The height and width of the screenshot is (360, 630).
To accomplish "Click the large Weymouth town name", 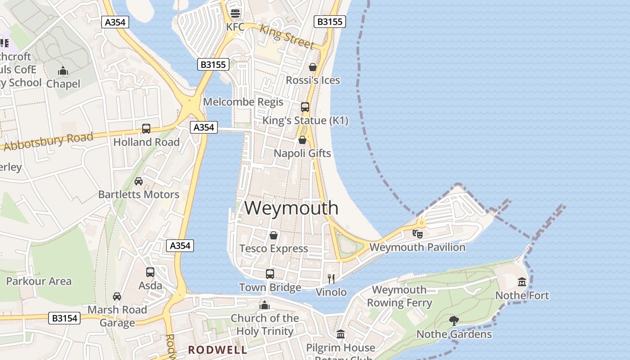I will pyautogui.click(x=292, y=208).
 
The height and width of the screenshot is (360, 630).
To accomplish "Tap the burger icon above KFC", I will pyautogui.click(x=235, y=13).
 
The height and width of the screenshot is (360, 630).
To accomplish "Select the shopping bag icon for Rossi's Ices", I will pyautogui.click(x=313, y=67).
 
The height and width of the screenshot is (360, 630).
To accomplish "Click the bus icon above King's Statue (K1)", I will pyautogui.click(x=305, y=107).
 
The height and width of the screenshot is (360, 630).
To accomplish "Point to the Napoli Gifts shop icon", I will pyautogui.click(x=302, y=140).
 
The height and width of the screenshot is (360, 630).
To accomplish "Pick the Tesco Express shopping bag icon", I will pyautogui.click(x=273, y=235).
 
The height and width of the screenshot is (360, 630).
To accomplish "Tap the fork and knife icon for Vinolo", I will pyautogui.click(x=331, y=279).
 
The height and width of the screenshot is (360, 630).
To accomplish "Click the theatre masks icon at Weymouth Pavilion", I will pyautogui.click(x=418, y=234).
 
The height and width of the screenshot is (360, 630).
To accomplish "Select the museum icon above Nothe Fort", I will pyautogui.click(x=522, y=282).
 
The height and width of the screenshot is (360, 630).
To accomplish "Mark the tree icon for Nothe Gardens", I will pyautogui.click(x=454, y=321).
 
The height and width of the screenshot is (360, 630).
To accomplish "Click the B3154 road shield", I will pyautogui.click(x=64, y=318).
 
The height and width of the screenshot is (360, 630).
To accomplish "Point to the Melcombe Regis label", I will pyautogui.click(x=243, y=102).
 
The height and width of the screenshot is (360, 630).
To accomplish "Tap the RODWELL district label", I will pyautogui.click(x=218, y=350).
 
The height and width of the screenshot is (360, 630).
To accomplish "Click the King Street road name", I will pyautogui.click(x=287, y=36).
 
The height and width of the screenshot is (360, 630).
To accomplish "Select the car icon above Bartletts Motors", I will pyautogui.click(x=139, y=181).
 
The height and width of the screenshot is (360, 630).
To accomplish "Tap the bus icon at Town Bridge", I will pyautogui.click(x=270, y=274).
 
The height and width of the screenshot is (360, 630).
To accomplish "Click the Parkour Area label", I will pyautogui.click(x=39, y=281).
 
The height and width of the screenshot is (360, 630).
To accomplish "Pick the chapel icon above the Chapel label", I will pyautogui.click(x=63, y=71).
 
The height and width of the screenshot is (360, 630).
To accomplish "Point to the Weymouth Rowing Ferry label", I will pyautogui.click(x=400, y=296).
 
